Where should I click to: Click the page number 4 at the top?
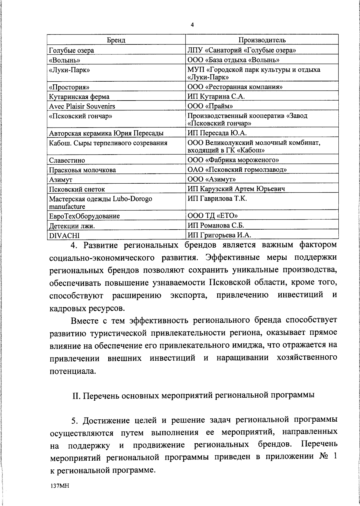[x=192, y=25]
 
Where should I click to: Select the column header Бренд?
[x=116, y=40]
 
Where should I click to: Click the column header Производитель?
[x=262, y=40]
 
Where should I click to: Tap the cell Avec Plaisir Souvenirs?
[x=82, y=106]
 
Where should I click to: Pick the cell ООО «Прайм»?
[x=210, y=106]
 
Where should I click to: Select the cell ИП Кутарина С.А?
[x=216, y=97]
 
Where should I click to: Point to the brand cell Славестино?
[x=67, y=160]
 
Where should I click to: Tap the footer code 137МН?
[x=60, y=486]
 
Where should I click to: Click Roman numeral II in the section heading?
[x=76, y=395]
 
